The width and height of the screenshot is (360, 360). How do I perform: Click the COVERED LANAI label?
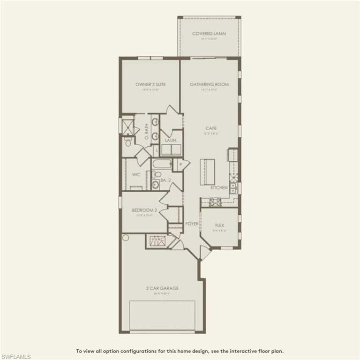(209, 34)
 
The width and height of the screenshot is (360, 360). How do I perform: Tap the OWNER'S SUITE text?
(150, 84)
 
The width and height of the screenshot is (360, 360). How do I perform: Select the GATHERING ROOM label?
(209, 84)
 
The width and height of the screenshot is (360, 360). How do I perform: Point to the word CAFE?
(210, 128)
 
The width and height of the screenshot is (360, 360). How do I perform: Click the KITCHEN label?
(219, 187)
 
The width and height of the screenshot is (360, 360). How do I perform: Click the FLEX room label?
(219, 225)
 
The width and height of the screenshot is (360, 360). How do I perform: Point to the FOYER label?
(191, 224)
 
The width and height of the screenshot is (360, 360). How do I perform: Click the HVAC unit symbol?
(157, 241)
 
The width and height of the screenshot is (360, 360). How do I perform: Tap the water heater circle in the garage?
(126, 238)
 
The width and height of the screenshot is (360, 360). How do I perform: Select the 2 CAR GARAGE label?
(162, 288)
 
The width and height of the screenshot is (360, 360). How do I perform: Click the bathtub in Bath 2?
(162, 165)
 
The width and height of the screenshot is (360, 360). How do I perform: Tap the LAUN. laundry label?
(170, 140)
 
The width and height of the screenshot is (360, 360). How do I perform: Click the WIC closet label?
(136, 175)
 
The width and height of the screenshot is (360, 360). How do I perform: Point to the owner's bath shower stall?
(127, 126)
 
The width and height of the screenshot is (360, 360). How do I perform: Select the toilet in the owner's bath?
(128, 142)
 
